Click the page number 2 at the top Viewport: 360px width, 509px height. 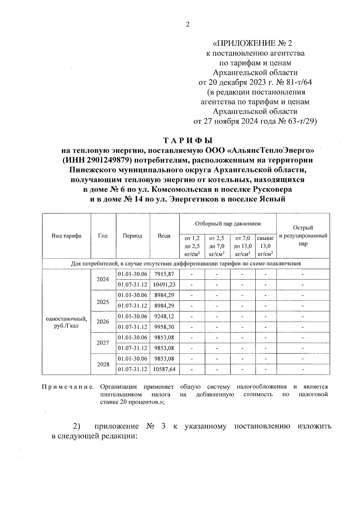pos(188,25)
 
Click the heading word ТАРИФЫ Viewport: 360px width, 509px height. pos(188,140)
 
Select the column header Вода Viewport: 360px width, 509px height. pos(164,236)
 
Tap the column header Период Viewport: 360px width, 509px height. pos(133,236)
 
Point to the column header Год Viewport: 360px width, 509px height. pos(103,236)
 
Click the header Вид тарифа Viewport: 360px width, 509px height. pos(66,236)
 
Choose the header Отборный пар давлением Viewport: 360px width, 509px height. pos(228,223)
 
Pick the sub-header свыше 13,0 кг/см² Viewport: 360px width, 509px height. pos(265,246)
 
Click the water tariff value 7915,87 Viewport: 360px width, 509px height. pos(164,274)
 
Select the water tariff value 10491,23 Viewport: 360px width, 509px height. pos(164,285)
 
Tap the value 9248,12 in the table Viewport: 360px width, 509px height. pos(164,316)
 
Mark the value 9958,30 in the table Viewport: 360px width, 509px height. pos(164,327)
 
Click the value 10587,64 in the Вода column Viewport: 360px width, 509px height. pos(164,369)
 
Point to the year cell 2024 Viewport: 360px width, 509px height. pos(103,279)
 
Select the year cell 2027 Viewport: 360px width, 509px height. pos(103,343)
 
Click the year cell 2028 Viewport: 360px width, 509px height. pos(103,364)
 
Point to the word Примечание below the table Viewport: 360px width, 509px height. pos(68,387)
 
